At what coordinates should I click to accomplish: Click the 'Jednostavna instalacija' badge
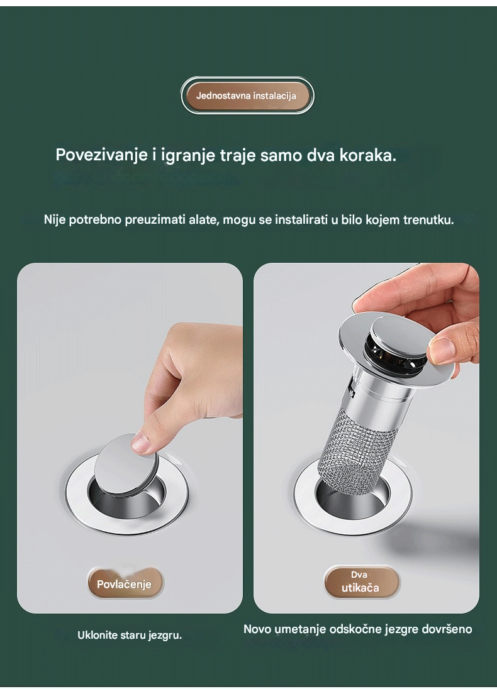click(247, 96)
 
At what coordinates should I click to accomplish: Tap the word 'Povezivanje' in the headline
click(101, 155)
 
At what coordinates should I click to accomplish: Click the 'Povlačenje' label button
click(125, 583)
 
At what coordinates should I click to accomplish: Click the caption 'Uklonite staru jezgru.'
click(130, 635)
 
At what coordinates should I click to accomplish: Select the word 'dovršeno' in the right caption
click(447, 629)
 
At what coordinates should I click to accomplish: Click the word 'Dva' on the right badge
click(359, 575)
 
